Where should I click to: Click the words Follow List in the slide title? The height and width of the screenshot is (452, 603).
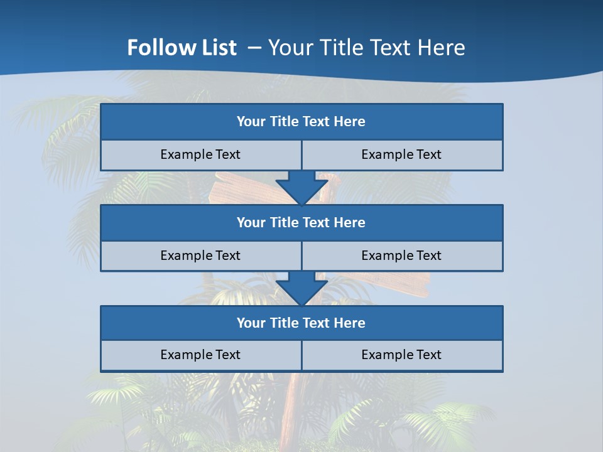point(182,48)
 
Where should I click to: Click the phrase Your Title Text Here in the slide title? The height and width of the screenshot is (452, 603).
point(367,48)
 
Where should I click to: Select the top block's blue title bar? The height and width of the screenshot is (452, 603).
point(301,122)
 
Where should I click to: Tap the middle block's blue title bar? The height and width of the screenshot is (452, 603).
point(301,222)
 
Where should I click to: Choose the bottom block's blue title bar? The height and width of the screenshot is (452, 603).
point(301,323)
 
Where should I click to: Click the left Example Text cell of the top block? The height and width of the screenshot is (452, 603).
point(200,154)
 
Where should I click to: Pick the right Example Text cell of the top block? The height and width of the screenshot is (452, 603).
point(401,154)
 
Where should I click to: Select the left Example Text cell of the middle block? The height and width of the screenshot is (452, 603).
point(200,256)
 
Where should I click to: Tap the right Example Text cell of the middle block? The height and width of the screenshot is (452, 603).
point(401,256)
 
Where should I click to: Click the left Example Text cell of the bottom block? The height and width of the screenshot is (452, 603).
point(200,355)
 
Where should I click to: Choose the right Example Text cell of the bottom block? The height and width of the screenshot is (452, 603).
point(401,355)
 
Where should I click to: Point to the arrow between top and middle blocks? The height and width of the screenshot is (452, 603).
point(301,188)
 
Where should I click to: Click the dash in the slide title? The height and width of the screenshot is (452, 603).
point(255,48)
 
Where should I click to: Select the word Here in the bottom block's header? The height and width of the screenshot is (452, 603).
point(350,323)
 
